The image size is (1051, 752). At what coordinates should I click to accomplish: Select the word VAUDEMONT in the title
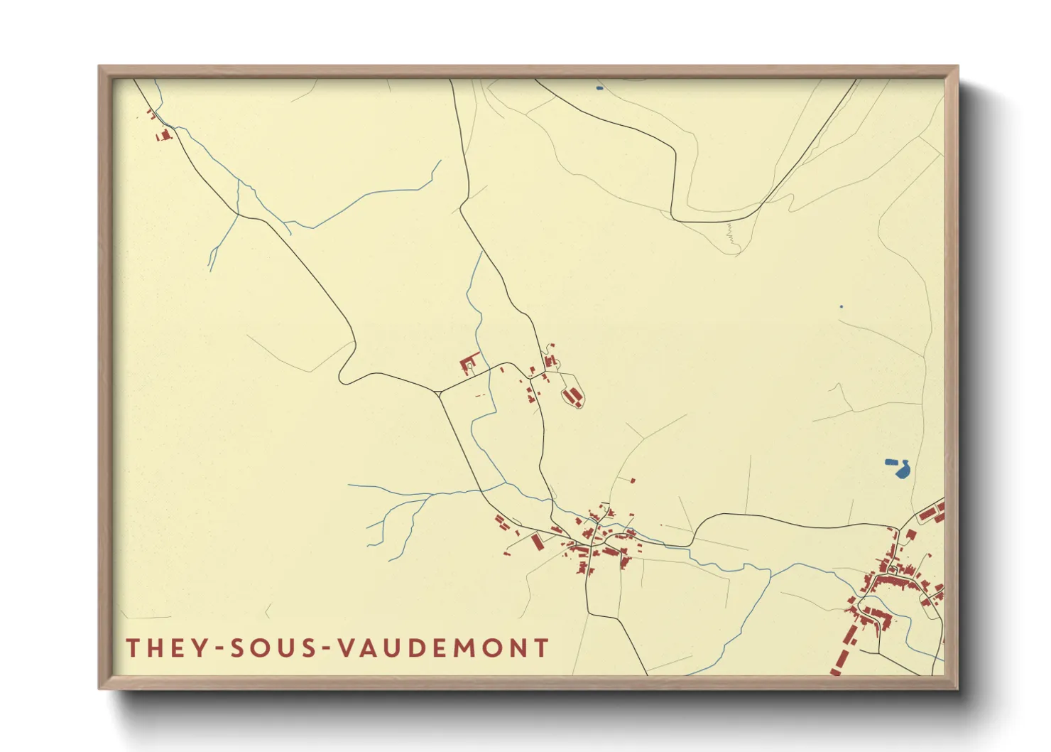pyautogui.click(x=443, y=648)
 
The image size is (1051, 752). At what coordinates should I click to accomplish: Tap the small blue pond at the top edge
pyautogui.click(x=599, y=88)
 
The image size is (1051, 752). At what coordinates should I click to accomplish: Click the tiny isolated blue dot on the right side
pyautogui.click(x=842, y=306)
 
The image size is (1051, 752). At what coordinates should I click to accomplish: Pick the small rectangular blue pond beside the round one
pyautogui.click(x=891, y=461)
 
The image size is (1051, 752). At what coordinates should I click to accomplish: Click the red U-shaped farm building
pyautogui.click(x=469, y=365)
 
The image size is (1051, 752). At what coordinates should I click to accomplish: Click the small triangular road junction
pyautogui.click(x=440, y=392)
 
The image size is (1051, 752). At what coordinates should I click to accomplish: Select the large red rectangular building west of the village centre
pyautogui.click(x=537, y=542)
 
